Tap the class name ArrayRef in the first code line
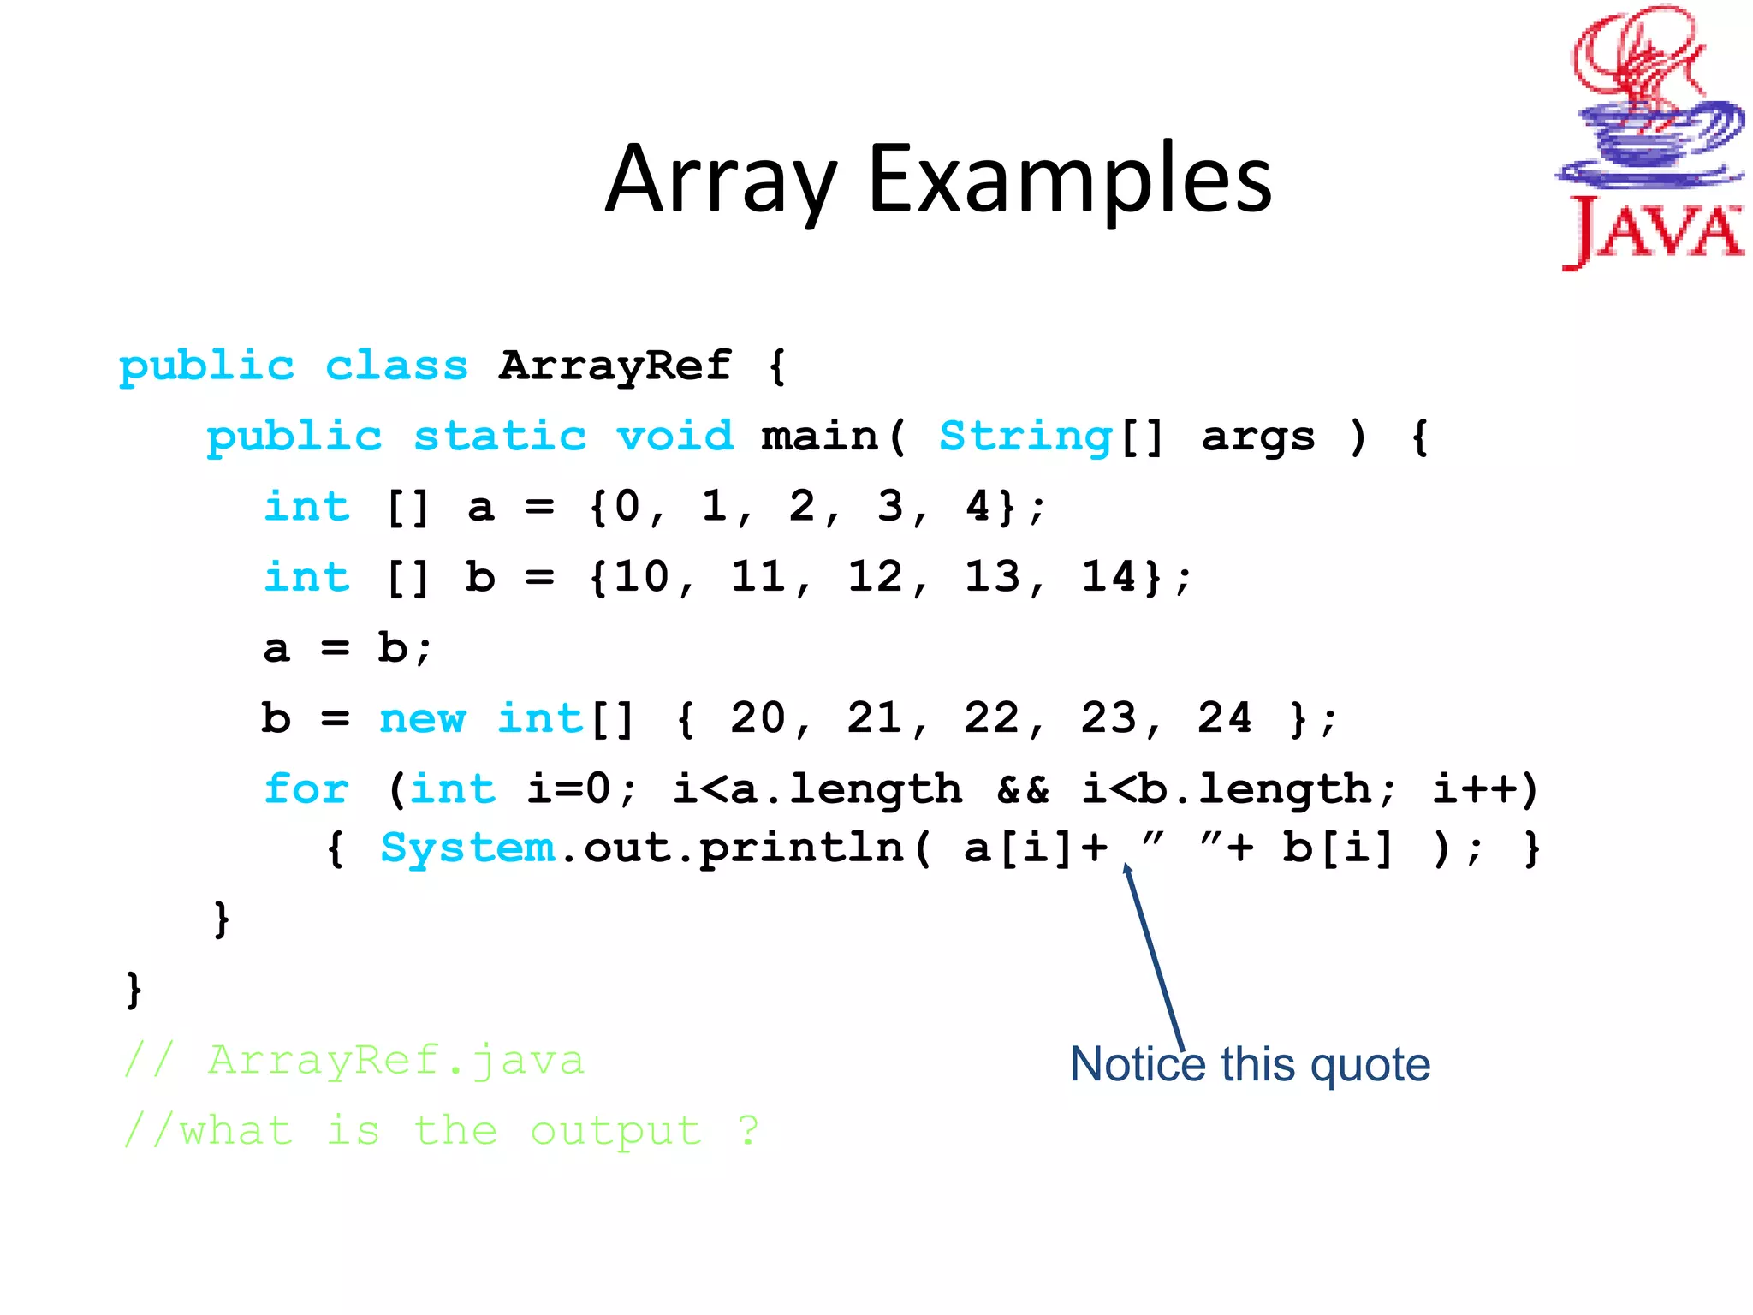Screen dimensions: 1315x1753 point(615,366)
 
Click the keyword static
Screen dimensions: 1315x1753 point(500,437)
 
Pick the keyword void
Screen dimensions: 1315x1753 point(675,437)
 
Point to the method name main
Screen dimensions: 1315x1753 point(819,437)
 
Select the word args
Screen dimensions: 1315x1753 point(1258,437)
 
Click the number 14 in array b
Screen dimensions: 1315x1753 point(1108,576)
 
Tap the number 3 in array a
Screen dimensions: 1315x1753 point(890,506)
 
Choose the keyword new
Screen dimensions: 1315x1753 point(423,717)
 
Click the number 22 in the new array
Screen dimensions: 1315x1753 point(991,717)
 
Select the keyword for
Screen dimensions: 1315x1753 point(306,788)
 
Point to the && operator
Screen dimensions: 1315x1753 point(1023,788)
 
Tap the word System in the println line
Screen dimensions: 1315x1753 point(467,848)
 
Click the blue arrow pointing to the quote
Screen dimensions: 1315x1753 point(1156,959)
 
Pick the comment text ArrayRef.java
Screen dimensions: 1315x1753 point(396,1060)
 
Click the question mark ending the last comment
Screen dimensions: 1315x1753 point(748,1130)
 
